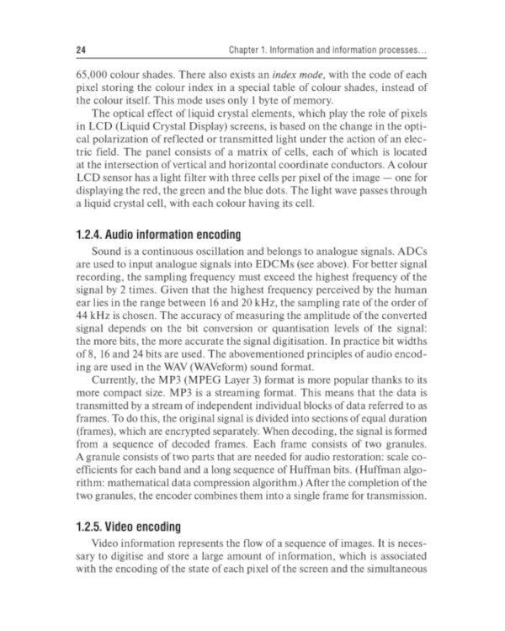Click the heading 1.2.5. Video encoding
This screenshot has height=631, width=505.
click(x=128, y=527)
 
